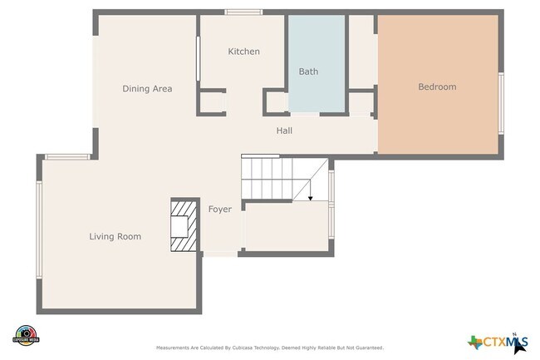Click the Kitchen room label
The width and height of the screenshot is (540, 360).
(243, 52)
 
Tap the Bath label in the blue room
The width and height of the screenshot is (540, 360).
(308, 72)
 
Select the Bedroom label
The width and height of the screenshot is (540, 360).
(436, 86)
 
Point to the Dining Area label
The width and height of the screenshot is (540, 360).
(147, 88)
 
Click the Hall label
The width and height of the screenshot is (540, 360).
(284, 131)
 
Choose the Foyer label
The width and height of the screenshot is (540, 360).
(219, 209)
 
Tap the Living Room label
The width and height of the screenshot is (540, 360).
(115, 237)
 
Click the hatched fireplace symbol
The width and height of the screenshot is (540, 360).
(184, 224)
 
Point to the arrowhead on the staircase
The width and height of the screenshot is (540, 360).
(310, 199)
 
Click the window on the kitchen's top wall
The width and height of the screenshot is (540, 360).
(244, 12)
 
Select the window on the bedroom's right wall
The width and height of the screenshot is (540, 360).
(501, 102)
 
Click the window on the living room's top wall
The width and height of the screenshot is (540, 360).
(67, 156)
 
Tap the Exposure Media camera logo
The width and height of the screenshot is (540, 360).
(27, 334)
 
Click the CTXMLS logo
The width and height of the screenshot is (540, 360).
(498, 341)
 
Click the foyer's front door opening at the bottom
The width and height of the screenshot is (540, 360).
(219, 254)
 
